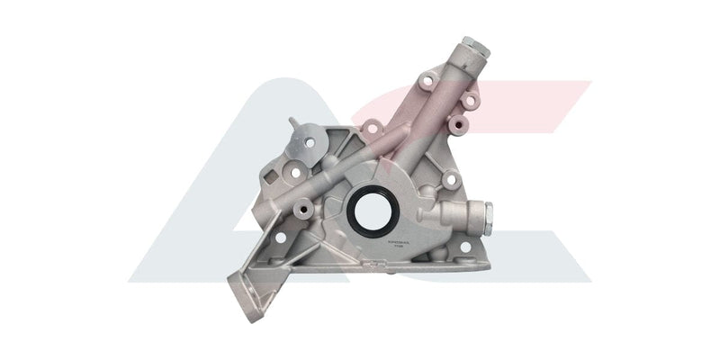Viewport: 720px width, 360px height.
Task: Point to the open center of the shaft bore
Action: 368,209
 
